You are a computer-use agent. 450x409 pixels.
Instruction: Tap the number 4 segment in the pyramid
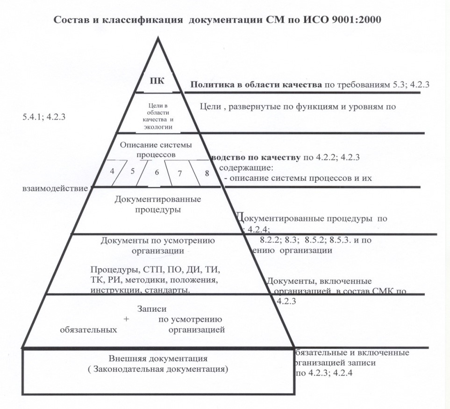[x=112, y=171]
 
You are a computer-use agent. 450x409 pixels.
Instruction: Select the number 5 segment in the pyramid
[x=133, y=171]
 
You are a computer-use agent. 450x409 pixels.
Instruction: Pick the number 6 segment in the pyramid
[x=157, y=172]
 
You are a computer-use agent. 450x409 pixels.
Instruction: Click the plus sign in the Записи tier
[x=127, y=319]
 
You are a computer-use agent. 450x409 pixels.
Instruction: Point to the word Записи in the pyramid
[x=152, y=309]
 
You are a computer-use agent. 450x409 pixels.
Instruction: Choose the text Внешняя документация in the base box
[x=158, y=359]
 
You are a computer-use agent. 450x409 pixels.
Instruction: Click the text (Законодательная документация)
[x=158, y=369]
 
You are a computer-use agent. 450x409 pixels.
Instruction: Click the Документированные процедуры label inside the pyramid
[x=158, y=204]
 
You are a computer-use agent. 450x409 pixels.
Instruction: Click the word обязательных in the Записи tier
[x=88, y=330]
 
